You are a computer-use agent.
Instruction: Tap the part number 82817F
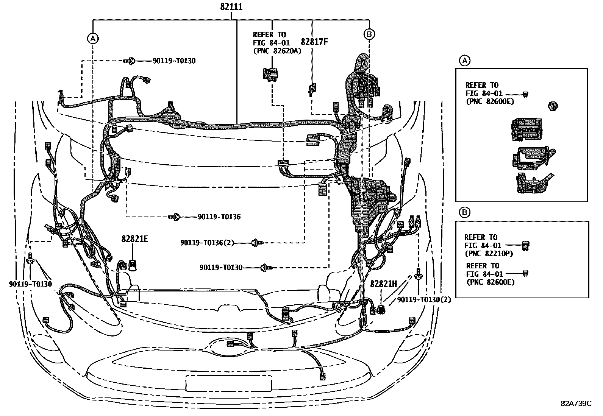click(314, 42)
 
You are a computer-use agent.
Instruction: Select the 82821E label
click(135, 239)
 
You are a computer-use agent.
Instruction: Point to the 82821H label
click(383, 284)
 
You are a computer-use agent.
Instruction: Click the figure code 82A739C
click(576, 404)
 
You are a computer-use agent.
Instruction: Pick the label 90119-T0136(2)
click(207, 242)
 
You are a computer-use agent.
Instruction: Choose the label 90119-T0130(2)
click(424, 299)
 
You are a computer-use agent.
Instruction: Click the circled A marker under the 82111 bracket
click(92, 37)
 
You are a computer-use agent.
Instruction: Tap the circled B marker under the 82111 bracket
click(369, 34)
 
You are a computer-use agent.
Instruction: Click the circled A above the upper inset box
click(464, 60)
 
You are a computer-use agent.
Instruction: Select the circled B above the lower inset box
click(464, 213)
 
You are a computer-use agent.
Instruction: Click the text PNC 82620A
click(277, 51)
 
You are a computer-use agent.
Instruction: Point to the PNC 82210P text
click(489, 254)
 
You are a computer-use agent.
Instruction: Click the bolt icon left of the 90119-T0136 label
click(175, 217)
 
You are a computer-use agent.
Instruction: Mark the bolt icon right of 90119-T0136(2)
click(257, 242)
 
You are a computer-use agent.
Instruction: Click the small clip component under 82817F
click(311, 90)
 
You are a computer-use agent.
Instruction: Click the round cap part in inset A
click(553, 106)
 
